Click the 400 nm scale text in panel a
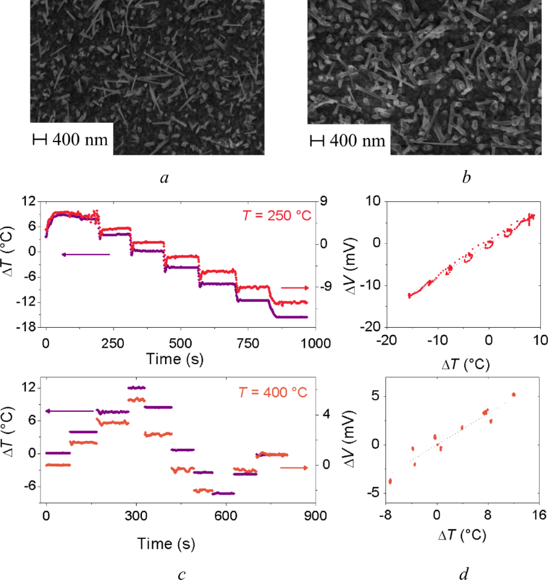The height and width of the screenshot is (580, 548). click(x=80, y=140)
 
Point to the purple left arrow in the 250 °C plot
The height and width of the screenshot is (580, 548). click(x=85, y=255)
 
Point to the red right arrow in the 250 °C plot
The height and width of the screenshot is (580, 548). click(x=295, y=288)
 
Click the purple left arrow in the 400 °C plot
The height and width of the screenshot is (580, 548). click(x=69, y=411)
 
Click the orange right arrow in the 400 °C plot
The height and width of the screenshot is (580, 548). click(x=294, y=468)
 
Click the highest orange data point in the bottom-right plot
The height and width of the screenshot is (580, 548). click(x=514, y=394)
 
